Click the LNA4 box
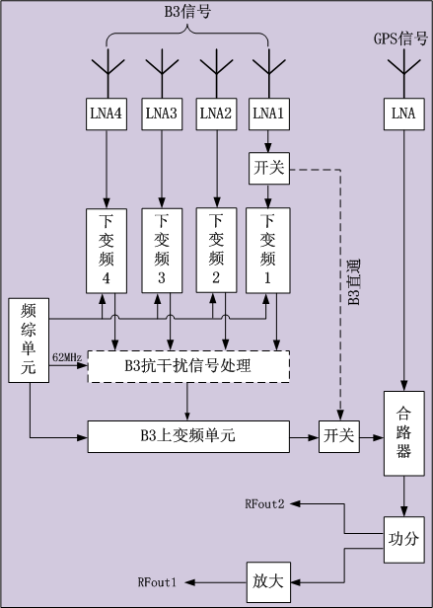click(107, 114)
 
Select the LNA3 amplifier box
click(162, 114)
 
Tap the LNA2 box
click(216, 114)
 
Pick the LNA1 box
click(268, 114)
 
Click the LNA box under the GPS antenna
click(404, 114)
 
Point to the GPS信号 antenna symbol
click(404, 73)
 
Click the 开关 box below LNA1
click(269, 168)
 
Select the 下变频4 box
click(107, 251)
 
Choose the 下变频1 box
click(268, 251)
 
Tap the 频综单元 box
click(29, 341)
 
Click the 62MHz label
click(67, 357)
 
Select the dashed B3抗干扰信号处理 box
click(188, 366)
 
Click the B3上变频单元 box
click(188, 436)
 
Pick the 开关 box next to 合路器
click(339, 436)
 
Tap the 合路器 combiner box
click(404, 433)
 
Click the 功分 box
click(404, 540)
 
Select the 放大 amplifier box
click(268, 582)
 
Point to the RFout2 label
click(264, 503)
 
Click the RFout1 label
click(158, 582)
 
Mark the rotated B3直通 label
click(353, 282)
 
